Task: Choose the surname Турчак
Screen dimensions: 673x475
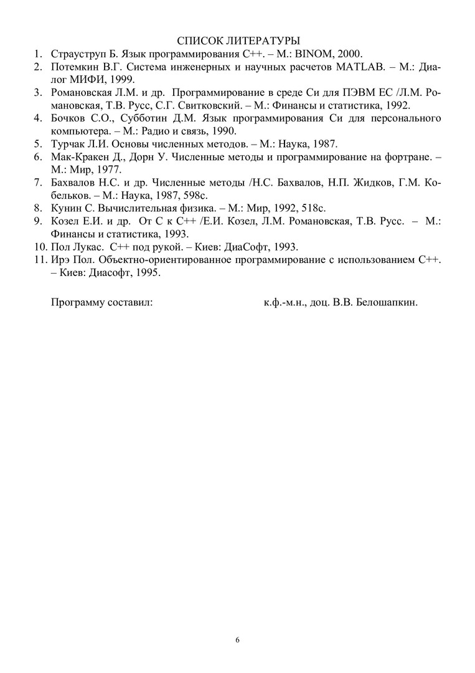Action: point(67,144)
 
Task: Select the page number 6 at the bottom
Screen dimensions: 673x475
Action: point(237,640)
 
